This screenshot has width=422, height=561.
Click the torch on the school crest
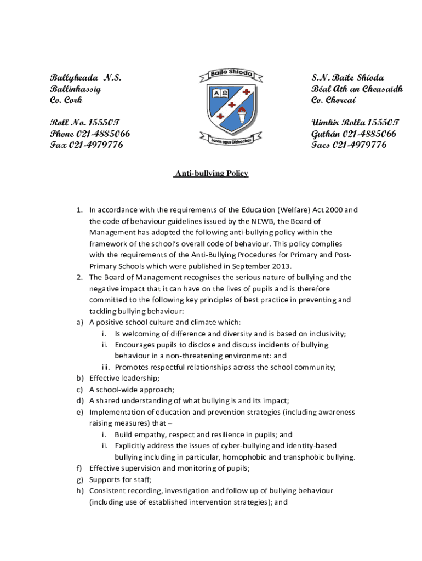(x=241, y=116)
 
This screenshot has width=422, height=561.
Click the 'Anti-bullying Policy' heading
(x=211, y=174)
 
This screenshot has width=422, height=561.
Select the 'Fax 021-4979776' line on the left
(x=87, y=145)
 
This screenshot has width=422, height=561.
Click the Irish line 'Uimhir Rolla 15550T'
(x=355, y=122)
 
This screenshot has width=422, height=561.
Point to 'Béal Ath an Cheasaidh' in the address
(x=357, y=89)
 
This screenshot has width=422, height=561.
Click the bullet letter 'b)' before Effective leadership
(x=80, y=379)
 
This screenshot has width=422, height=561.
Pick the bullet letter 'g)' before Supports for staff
(x=80, y=479)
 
